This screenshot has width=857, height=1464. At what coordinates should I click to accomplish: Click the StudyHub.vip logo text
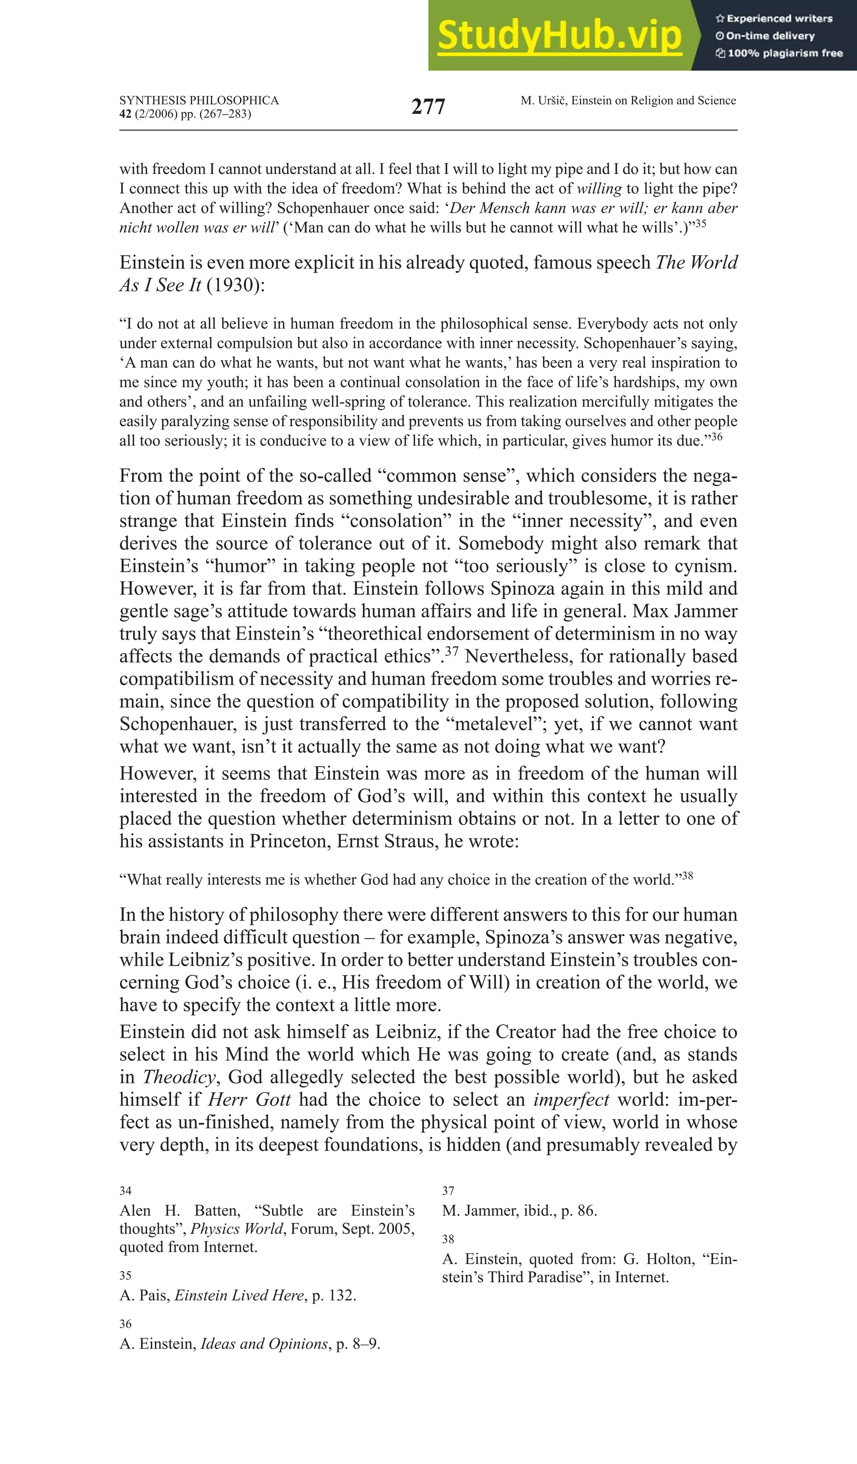point(559,36)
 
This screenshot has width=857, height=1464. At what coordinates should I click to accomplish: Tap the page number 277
point(428,107)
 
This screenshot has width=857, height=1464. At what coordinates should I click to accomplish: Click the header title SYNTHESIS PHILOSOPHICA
point(199,100)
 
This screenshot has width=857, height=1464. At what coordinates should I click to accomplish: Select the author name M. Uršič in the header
point(544,100)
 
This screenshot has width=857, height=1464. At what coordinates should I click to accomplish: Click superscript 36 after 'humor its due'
point(716,436)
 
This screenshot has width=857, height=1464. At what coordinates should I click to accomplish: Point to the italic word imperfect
point(571,1099)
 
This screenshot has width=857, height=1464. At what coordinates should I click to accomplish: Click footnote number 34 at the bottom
point(126,1191)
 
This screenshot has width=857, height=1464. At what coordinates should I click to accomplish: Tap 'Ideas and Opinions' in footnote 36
point(264,1344)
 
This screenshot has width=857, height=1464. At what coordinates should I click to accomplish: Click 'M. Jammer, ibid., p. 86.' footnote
point(519,1211)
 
